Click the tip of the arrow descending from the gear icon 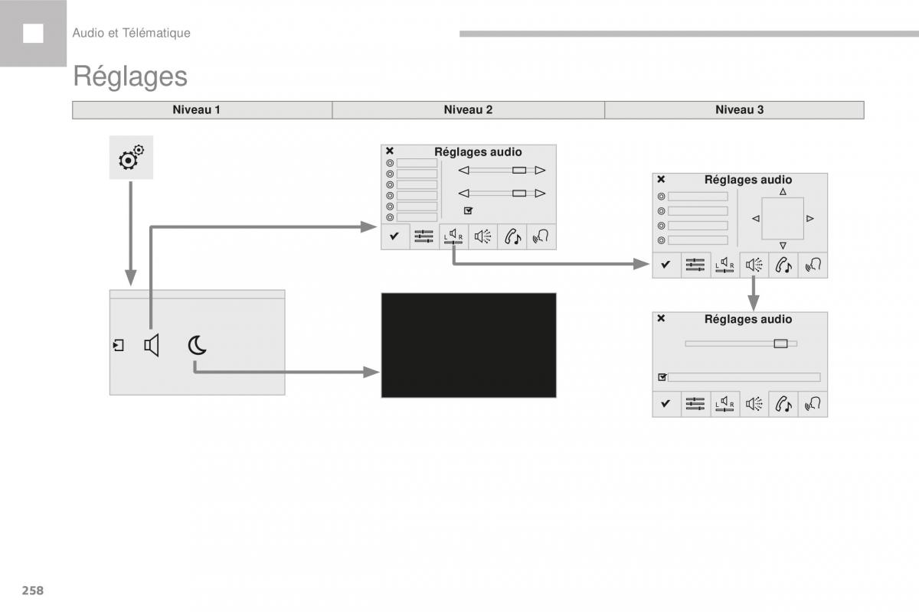[130, 285]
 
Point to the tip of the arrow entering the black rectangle [380, 373]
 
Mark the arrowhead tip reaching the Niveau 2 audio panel [377, 226]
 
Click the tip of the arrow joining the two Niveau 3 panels [754, 311]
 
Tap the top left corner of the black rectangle [381, 293]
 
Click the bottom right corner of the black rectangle [556, 397]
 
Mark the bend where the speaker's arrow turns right [151, 226]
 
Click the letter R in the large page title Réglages [82, 76]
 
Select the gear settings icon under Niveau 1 [131, 158]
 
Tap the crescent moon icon [197, 345]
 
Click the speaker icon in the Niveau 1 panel [152, 345]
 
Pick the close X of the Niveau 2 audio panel [390, 151]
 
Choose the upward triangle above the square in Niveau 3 [783, 191]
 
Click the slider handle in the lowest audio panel [780, 343]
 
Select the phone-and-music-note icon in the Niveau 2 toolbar [512, 237]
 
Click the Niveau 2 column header [468, 110]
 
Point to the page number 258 [33, 591]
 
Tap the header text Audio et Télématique [131, 33]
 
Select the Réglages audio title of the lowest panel [748, 319]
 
